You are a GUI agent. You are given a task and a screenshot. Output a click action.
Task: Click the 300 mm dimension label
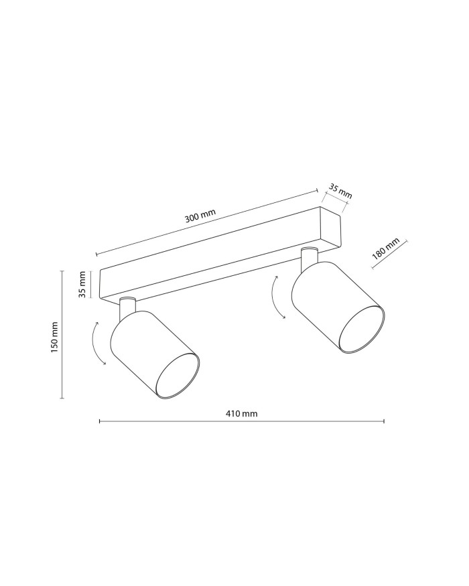pyautogui.click(x=200, y=218)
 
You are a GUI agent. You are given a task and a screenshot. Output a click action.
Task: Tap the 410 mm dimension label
pyautogui.click(x=241, y=413)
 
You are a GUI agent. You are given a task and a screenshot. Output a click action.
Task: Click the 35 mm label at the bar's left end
pyautogui.click(x=82, y=285)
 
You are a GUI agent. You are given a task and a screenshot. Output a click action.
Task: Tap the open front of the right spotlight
pyautogui.click(x=361, y=328)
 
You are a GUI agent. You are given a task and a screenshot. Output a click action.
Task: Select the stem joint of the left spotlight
pyautogui.click(x=127, y=308)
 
